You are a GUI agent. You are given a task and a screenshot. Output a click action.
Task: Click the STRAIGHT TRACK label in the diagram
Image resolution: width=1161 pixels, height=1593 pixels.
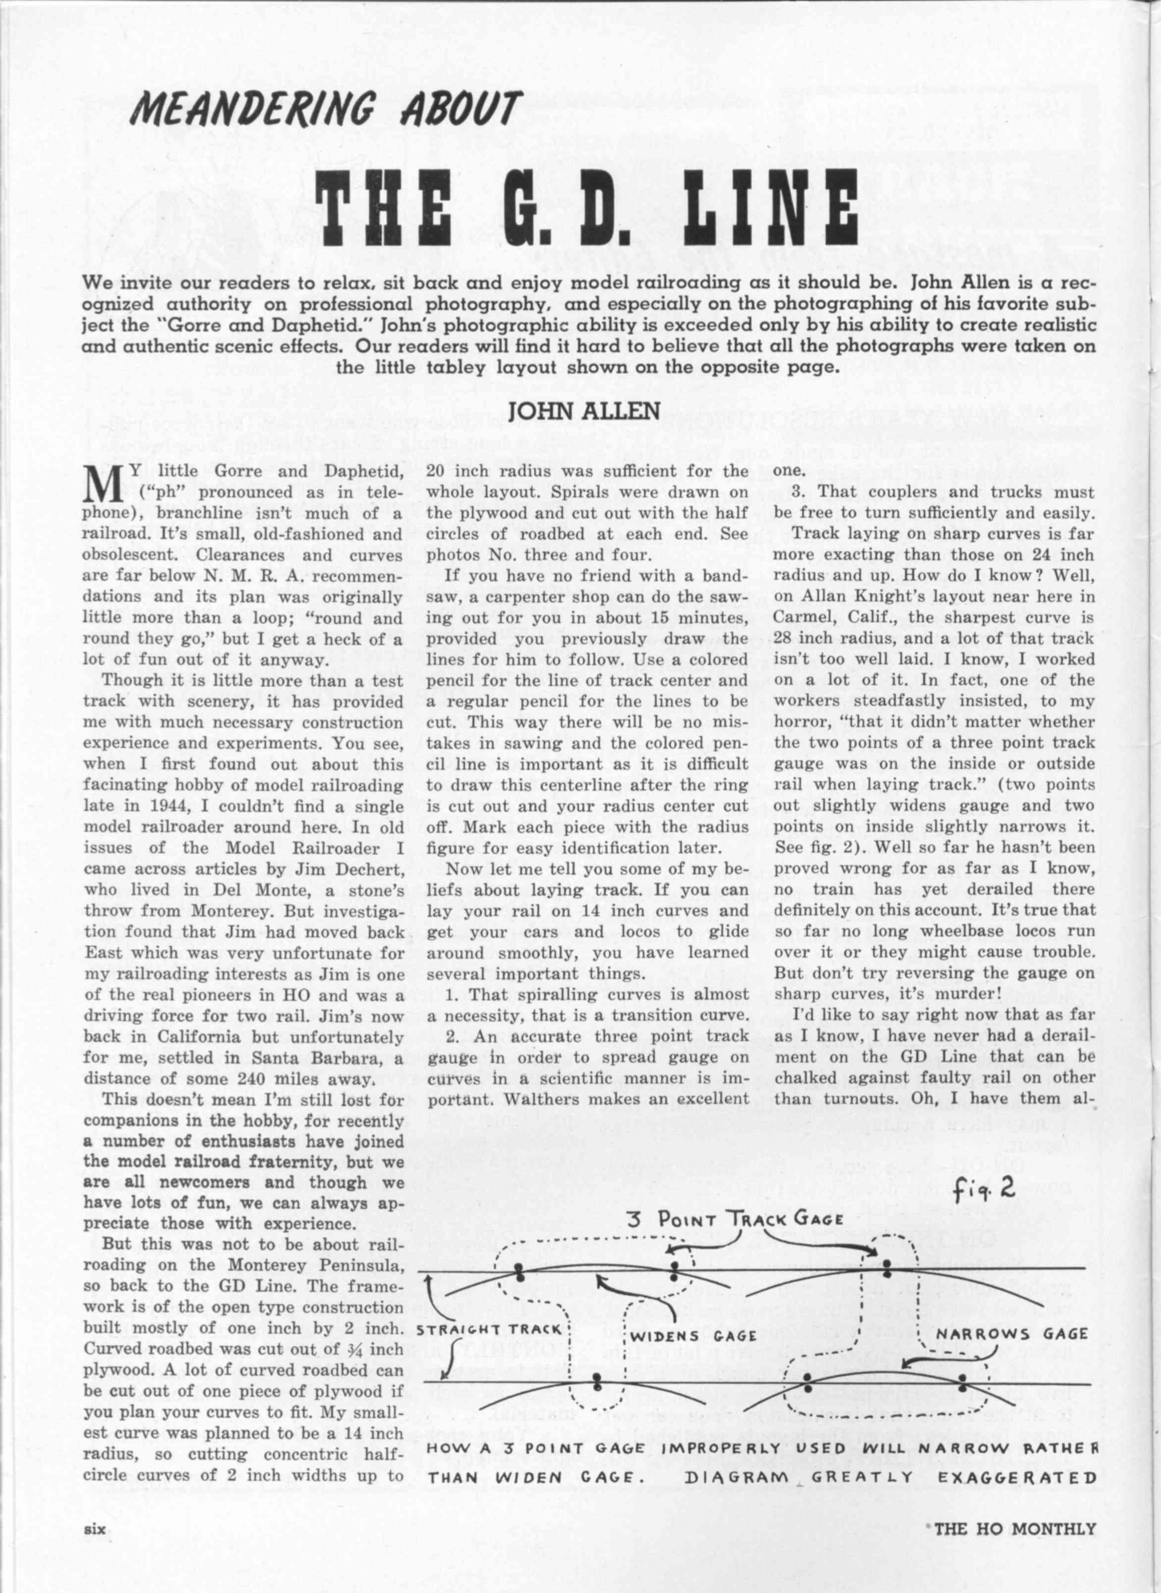(x=489, y=1331)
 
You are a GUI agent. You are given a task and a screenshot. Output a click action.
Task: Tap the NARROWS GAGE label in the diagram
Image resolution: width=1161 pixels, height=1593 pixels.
(x=1012, y=1334)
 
